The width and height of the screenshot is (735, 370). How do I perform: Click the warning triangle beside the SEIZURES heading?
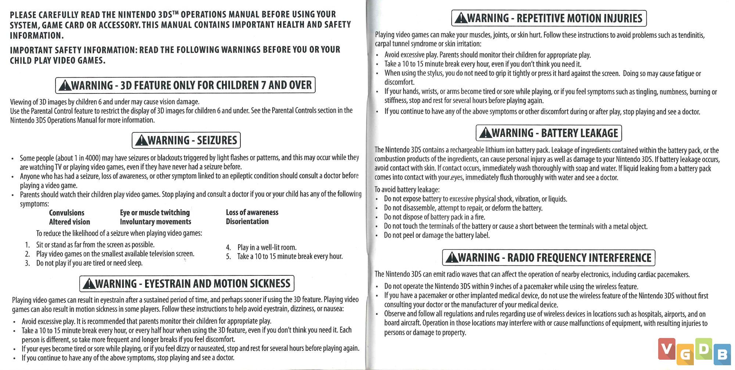point(141,140)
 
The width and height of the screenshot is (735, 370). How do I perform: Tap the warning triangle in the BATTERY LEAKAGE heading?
point(485,133)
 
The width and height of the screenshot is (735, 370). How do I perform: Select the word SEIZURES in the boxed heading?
point(217,140)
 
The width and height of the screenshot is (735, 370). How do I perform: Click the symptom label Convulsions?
point(67,213)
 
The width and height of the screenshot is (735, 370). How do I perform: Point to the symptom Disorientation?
point(247,221)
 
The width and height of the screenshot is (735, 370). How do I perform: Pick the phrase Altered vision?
point(69,222)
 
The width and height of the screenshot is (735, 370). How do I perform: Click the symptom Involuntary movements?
point(155,222)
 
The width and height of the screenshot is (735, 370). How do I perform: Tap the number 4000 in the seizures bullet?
point(92,158)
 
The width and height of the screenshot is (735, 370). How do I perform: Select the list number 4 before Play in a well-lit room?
point(228,248)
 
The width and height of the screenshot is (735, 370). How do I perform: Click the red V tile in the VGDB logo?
point(667,348)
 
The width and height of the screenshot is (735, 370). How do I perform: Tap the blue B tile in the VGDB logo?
point(722,355)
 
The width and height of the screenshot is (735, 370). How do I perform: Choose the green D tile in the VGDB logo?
point(703,348)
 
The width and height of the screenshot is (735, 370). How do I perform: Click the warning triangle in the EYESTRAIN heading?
point(89,284)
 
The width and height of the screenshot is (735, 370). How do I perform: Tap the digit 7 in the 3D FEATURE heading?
point(263,85)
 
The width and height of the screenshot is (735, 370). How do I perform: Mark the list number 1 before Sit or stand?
point(27,245)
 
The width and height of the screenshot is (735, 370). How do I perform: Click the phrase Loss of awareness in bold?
point(252,212)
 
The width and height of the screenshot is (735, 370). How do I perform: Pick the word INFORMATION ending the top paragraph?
point(36,36)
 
